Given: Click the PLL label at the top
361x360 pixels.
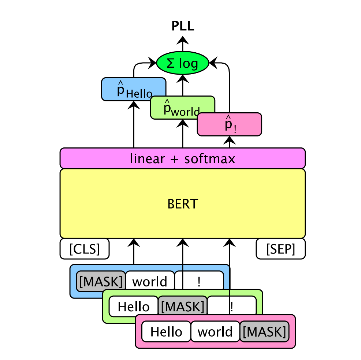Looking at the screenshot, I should pyautogui.click(x=183, y=26).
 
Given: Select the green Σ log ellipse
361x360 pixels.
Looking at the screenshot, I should pyautogui.click(x=182, y=64).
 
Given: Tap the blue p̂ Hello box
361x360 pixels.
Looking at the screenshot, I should pyautogui.click(x=133, y=89).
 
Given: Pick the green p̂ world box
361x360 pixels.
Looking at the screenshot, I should pyautogui.click(x=182, y=107).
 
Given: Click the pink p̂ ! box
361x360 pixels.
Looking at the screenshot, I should pyautogui.click(x=229, y=124).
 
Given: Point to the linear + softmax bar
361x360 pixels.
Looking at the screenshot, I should pyautogui.click(x=182, y=158).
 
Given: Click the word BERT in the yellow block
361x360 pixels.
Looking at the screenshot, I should pyautogui.click(x=182, y=204).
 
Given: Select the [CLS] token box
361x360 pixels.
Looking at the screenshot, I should pyautogui.click(x=85, y=249).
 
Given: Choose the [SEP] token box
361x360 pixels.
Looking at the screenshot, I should pyautogui.click(x=280, y=249).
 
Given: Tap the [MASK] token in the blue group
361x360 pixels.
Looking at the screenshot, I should pyautogui.click(x=100, y=281).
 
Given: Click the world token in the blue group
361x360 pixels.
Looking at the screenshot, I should pyautogui.click(x=149, y=281).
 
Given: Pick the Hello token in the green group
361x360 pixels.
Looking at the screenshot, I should pyautogui.click(x=133, y=306).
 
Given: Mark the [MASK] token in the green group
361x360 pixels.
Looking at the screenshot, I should pyautogui.click(x=182, y=306).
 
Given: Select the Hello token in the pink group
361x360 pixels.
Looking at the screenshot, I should pyautogui.click(x=166, y=331).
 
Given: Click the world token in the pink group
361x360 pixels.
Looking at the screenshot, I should pyautogui.click(x=215, y=331).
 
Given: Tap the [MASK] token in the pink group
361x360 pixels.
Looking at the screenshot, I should pyautogui.click(x=264, y=331).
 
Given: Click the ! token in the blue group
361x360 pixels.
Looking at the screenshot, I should pyautogui.click(x=199, y=281).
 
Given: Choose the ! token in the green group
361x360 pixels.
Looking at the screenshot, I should pyautogui.click(x=232, y=306).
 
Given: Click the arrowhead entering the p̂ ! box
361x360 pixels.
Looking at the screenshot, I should pyautogui.click(x=230, y=140).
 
